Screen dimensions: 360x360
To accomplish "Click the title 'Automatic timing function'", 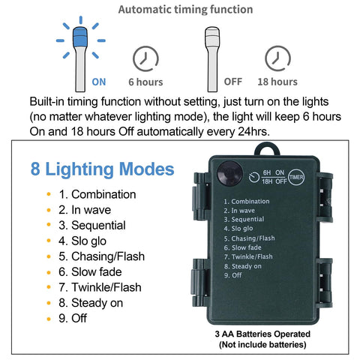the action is pos(185,10).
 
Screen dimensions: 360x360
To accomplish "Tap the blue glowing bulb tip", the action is pos(80,37).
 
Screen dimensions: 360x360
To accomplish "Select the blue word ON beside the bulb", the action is pos(99,82).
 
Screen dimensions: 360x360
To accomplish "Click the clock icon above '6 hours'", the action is pos(145,58).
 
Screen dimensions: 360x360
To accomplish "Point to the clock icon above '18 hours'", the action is pos(277,58).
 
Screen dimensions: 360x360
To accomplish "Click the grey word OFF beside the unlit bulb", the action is pos(233,82).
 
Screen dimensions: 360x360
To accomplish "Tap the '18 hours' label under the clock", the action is pos(277,82).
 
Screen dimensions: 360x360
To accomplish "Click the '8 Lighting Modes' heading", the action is pos(102,169).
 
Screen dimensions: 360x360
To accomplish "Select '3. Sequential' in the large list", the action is pos(92,225).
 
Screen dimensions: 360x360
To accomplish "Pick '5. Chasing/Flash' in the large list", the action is pos(101,256).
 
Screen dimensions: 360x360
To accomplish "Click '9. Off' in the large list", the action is pos(73,318).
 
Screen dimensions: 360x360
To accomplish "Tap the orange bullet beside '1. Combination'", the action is pos(49,194).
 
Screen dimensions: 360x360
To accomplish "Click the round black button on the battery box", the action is pos(229,173).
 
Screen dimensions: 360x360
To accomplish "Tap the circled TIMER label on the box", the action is pos(296,177).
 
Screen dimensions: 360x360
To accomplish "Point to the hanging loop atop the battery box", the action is pos(267,149).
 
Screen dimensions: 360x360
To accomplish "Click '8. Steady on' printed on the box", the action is pos(242,266).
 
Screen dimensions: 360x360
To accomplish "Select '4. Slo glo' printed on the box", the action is pos(238,229).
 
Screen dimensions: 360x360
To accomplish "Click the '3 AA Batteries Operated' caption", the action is pos(262,334).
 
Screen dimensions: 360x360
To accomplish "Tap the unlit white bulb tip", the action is pos(212,37).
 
